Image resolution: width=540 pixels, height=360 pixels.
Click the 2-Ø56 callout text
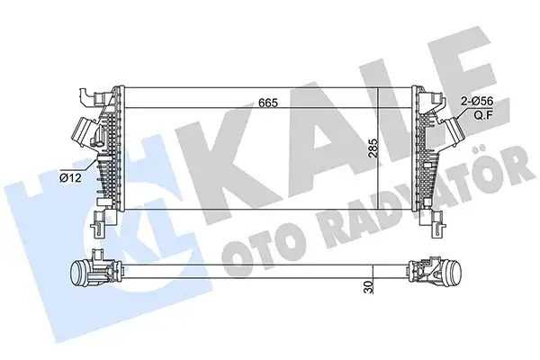coord(480,104)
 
